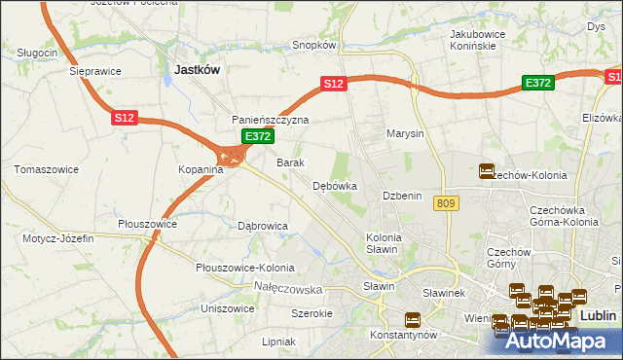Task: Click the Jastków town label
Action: (x=198, y=70)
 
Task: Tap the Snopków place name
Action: (x=314, y=45)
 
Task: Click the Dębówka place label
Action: (x=335, y=185)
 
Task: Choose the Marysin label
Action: (x=405, y=133)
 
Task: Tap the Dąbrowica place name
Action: (x=263, y=226)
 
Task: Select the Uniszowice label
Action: (x=227, y=308)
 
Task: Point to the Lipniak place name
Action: (x=278, y=342)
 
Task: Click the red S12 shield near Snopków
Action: (x=334, y=85)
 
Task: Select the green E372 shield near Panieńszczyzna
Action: (x=257, y=137)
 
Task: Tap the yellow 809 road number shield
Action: (x=447, y=202)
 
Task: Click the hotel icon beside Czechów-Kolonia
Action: (x=487, y=171)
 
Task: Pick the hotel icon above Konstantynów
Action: (x=412, y=318)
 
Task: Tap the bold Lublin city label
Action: (x=598, y=316)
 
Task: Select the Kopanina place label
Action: (x=201, y=169)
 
